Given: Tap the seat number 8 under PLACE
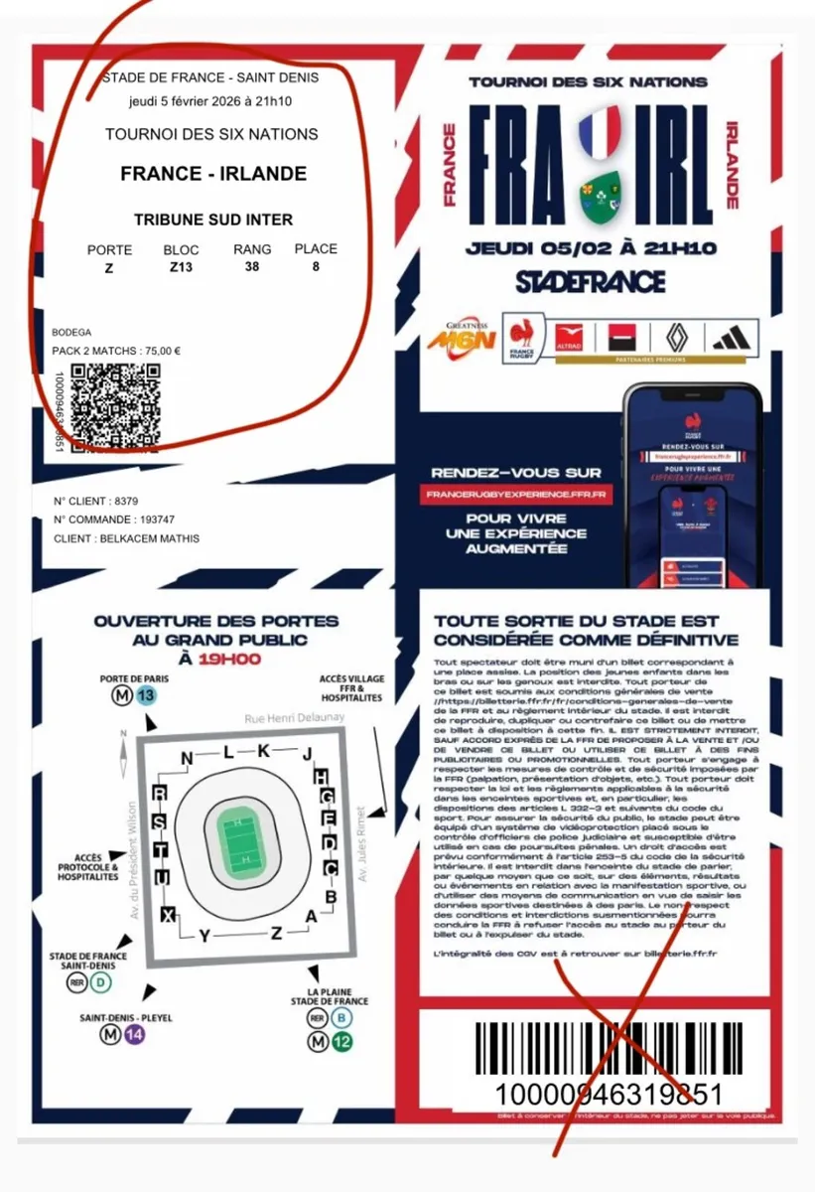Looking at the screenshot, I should [x=316, y=266].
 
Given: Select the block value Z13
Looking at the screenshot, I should [x=181, y=267].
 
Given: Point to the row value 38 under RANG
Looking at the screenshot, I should [x=252, y=266].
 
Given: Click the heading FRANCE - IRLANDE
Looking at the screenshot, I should [x=213, y=174].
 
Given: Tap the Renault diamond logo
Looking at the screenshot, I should [x=674, y=338].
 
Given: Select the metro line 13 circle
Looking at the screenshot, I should [x=148, y=695].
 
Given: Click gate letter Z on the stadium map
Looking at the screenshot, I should [x=276, y=932].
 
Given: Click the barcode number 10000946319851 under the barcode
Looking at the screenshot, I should [x=609, y=1094].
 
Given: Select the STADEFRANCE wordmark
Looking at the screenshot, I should [x=590, y=281].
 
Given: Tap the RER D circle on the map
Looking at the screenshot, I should [x=101, y=982].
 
